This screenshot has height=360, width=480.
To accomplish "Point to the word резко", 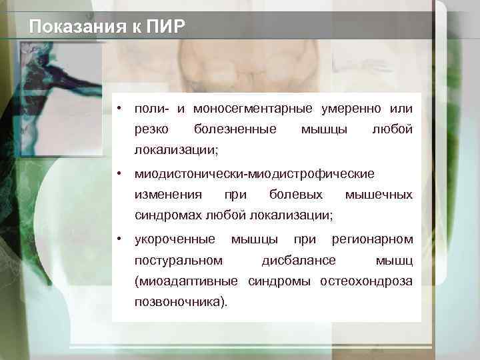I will point(151,128).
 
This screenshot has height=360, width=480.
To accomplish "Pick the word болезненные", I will point(235,128).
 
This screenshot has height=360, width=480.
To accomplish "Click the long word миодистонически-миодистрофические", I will point(255,174).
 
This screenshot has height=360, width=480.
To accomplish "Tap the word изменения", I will point(168,195).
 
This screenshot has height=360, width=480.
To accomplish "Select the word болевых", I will point(296,195).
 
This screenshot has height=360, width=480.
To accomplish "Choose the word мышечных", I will point(379,195).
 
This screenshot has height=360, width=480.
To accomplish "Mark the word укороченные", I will point(175,239).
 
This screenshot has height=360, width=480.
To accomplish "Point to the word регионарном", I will point(372,239).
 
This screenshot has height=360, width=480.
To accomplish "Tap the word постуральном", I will point(178,259).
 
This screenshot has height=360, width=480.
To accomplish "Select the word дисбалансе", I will point(299,259).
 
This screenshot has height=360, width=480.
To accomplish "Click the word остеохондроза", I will point(366,281).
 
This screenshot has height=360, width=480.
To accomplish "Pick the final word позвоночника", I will point(179,301).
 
